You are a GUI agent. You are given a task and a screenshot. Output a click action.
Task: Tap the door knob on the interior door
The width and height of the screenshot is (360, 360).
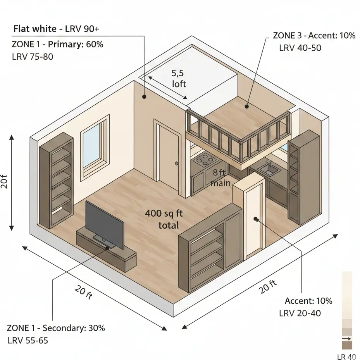pyautogui.click(x=177, y=164)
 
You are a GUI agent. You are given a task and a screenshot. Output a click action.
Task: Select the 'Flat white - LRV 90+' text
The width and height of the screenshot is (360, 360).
pyautogui.click(x=58, y=29)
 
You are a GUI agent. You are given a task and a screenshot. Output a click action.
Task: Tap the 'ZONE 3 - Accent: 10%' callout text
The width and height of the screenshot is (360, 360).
pyautogui.click(x=314, y=36)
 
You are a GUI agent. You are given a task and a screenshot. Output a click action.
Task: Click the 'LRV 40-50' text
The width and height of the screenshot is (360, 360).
pyautogui.click(x=300, y=48)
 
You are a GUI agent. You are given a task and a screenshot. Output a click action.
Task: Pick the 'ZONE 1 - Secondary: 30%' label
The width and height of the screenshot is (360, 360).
pyautogui.click(x=56, y=328)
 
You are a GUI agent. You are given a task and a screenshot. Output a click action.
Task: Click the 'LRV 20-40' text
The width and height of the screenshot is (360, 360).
pyautogui.click(x=300, y=313)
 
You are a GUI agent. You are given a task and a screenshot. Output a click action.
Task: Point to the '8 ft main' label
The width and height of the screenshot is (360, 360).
pyautogui.click(x=221, y=178)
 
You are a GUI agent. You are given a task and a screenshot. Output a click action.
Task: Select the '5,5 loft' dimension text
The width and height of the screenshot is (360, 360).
pyautogui.click(x=179, y=78)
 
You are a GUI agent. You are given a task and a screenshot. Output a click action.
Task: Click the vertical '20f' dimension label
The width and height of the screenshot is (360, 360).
pyautogui.click(x=4, y=182)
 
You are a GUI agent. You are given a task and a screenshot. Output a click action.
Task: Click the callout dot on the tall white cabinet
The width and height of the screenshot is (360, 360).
pyautogui.click(x=256, y=219)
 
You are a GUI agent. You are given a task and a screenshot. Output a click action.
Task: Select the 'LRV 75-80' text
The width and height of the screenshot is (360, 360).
pyautogui.click(x=33, y=57)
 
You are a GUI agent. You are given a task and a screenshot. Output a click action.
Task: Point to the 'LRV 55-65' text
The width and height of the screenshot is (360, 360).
pyautogui.click(x=28, y=341)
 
